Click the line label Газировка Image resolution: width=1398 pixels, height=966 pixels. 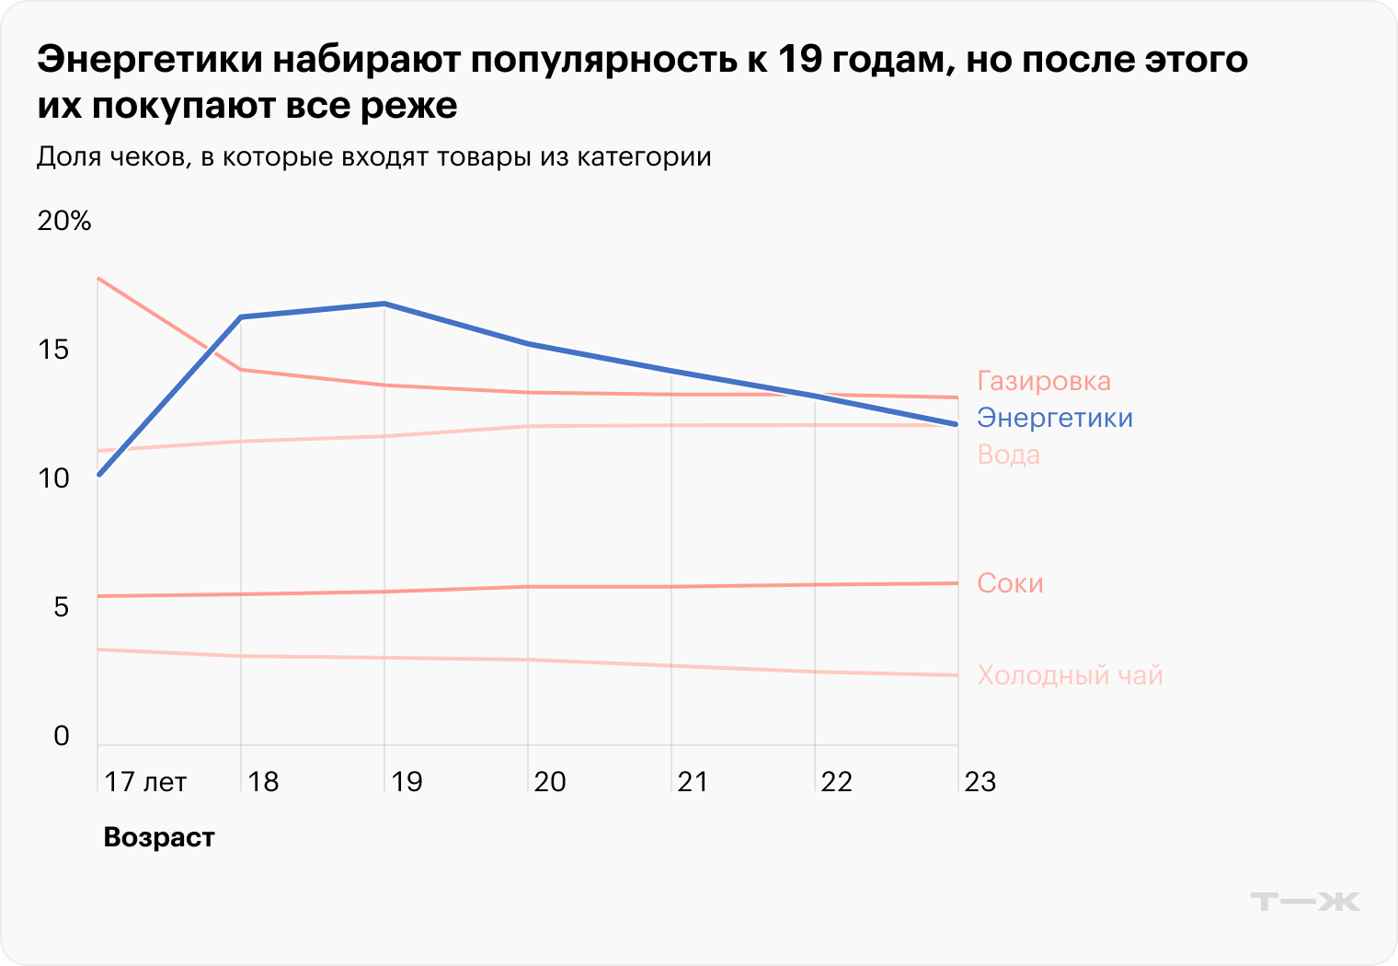click(1043, 381)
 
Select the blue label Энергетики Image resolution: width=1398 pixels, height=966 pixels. click(1054, 418)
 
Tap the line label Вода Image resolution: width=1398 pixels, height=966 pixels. click(1008, 454)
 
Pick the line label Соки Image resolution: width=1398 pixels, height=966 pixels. click(1010, 583)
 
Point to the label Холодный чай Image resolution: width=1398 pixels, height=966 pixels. click(1070, 675)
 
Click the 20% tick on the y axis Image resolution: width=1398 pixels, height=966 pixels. click(64, 221)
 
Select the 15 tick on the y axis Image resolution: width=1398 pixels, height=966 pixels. click(53, 350)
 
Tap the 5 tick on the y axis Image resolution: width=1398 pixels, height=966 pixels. click(61, 607)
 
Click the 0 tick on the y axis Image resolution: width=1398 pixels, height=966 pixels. click(61, 736)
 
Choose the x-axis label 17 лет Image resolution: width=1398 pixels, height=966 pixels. click(145, 782)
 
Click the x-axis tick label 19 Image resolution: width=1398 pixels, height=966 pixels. click(407, 782)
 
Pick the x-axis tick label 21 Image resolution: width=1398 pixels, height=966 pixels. click(693, 782)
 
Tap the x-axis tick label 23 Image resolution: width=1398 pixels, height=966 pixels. click(980, 782)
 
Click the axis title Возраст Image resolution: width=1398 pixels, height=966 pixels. click(159, 837)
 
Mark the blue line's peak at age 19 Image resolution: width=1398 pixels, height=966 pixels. click(384, 304)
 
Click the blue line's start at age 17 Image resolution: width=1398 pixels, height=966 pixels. click(98, 475)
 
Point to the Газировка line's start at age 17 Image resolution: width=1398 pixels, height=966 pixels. click(98, 279)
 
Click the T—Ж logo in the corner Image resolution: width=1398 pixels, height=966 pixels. click(1305, 901)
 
